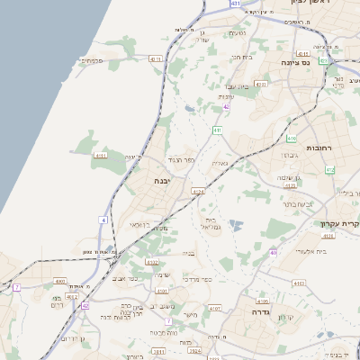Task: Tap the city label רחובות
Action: coord(319,148)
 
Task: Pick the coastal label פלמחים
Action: coord(92,61)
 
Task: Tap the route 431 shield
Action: coord(235,4)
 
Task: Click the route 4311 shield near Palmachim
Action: coord(155,58)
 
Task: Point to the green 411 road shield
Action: coord(217,130)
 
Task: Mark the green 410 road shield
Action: coord(292,139)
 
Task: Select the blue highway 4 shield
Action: coord(104,220)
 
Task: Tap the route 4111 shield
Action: coord(101,155)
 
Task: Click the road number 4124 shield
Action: coord(198,192)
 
